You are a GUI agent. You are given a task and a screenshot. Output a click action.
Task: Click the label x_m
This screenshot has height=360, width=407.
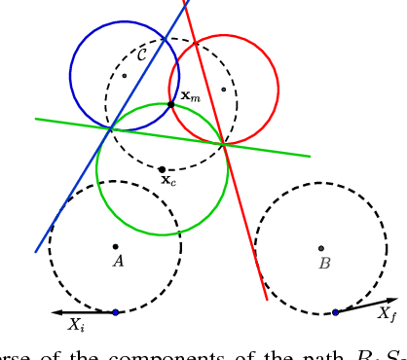pos(191,96)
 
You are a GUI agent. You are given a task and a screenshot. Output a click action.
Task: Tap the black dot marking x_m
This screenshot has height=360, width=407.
pos(171,104)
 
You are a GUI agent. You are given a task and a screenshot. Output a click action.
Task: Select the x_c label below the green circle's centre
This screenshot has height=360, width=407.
pos(168,180)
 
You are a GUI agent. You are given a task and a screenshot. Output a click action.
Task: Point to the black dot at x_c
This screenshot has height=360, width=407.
pos(162,169)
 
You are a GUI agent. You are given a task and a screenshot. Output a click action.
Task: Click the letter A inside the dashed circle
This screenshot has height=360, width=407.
pos(118,261)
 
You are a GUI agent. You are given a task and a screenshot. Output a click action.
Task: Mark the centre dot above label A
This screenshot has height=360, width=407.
pos(115,246)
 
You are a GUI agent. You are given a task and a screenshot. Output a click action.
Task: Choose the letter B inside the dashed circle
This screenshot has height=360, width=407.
pos(324,263)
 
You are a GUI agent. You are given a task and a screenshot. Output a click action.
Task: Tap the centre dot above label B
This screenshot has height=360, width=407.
pos(321,248)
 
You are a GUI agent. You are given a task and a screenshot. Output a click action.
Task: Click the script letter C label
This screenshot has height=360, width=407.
pos(142,54)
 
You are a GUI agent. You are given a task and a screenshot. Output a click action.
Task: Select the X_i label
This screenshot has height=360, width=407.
pos(76,326)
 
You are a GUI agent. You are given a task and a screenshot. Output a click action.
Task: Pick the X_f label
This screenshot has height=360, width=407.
pos(387,313)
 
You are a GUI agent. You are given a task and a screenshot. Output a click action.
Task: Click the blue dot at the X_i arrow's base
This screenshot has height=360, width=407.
pos(115,312)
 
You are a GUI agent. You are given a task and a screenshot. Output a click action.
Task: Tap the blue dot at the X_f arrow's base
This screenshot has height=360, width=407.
pos(335,312)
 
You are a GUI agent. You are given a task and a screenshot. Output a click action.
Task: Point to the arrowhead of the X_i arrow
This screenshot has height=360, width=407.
pos(55,312)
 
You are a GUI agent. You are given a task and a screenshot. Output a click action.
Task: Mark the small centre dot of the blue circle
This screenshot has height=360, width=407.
pos(124,75)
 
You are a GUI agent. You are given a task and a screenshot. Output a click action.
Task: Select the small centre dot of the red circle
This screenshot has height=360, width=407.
pos(223,90)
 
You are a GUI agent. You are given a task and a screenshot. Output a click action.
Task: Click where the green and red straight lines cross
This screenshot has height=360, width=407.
pos(224,145)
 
